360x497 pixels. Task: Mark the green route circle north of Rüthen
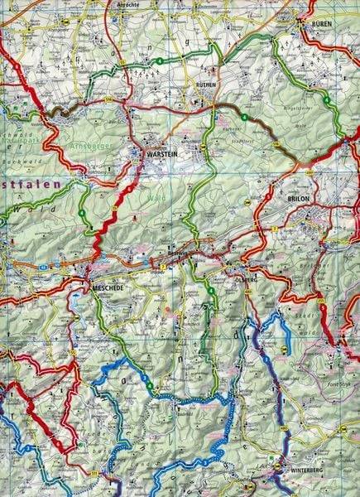(156, 61)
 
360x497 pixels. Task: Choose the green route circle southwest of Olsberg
(212, 292)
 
